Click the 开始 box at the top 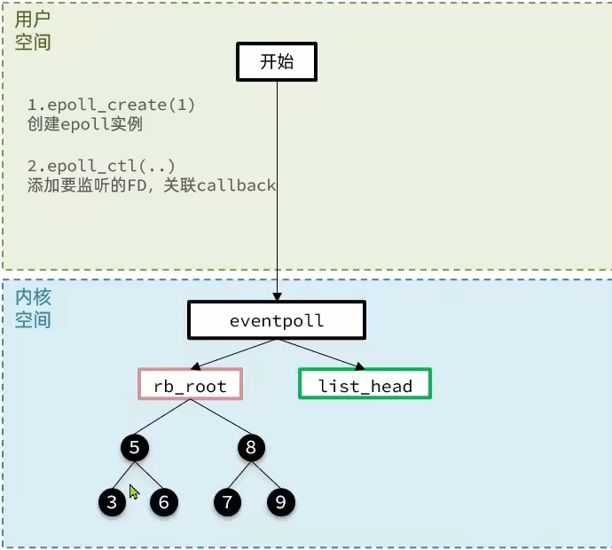276,61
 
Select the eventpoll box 276,320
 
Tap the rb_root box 190,385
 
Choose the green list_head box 365,385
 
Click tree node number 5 135,448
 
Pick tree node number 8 251,448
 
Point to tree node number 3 112,503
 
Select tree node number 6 163,503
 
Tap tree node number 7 227,503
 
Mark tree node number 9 280,503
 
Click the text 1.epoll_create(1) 111,106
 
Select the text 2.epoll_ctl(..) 101,167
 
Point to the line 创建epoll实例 85,124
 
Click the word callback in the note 237,185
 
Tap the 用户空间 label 33,30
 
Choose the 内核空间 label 33,307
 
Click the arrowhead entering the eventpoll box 277,295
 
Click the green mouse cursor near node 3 133,491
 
